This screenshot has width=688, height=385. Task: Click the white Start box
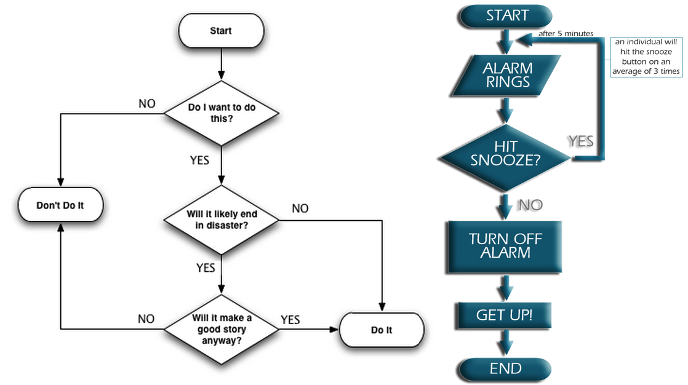[220, 31]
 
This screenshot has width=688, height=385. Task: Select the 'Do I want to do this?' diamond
[221, 113]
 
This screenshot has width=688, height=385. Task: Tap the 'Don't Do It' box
[60, 205]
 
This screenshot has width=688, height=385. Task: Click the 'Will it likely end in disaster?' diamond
[221, 220]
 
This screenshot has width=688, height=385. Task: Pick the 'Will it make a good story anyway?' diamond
[221, 329]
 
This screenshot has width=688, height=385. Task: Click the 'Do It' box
[382, 330]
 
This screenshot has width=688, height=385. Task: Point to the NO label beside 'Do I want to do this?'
[146, 103]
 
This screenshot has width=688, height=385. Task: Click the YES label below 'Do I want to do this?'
[199, 161]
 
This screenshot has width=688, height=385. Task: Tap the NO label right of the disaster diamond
[300, 208]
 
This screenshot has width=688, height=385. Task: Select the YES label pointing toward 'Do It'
[290, 319]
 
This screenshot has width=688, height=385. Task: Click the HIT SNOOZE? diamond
[505, 154]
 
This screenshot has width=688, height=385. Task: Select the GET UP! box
[504, 316]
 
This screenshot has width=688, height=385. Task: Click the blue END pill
[505, 368]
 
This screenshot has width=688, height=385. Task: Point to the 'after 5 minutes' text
[566, 33]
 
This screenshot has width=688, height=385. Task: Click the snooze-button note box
[646, 57]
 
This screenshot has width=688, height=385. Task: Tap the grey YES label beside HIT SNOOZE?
[580, 141]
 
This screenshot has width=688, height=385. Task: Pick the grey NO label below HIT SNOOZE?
[530, 205]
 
